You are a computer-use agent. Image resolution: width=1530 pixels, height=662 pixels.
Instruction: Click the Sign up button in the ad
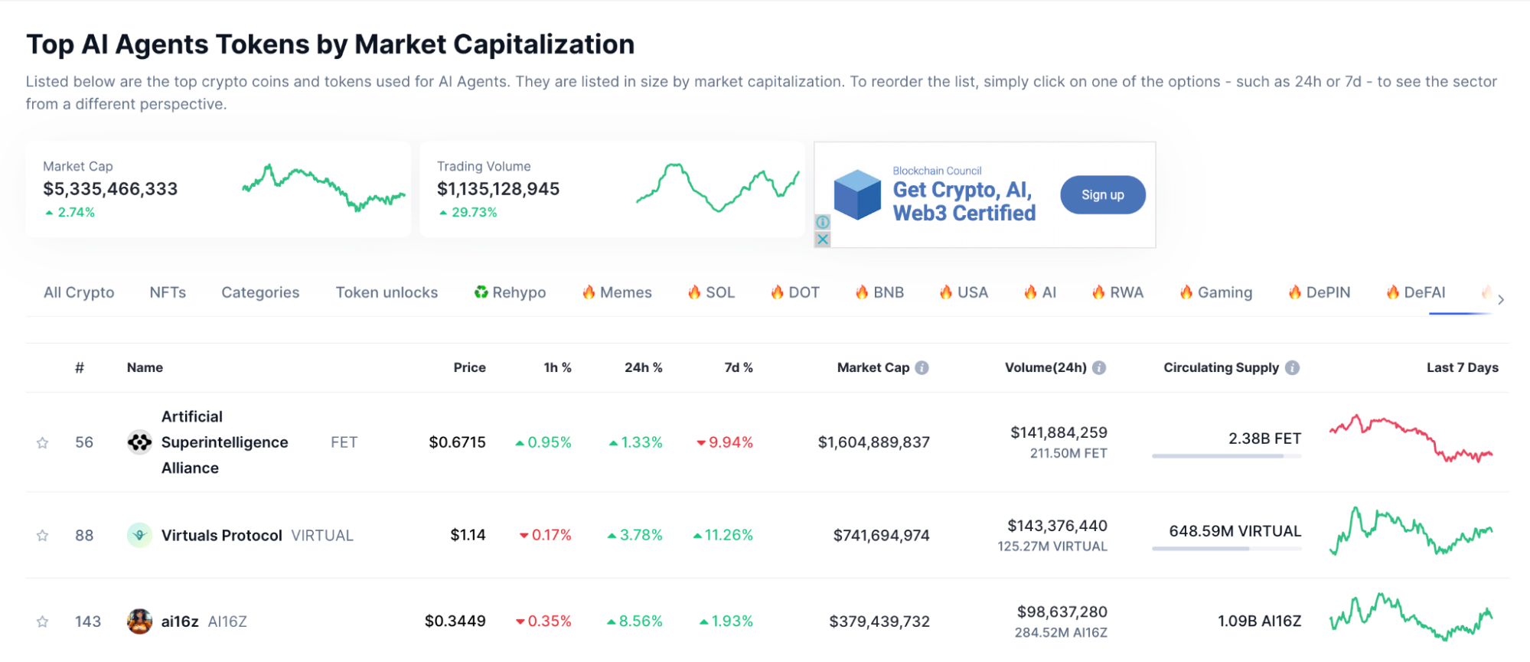[x=1102, y=195]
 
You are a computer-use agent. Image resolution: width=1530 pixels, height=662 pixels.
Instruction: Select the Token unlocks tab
[x=387, y=292]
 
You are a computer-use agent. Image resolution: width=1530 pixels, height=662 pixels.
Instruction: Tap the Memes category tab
[x=617, y=292]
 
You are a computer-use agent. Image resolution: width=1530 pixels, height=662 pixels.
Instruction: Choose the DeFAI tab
[x=1416, y=292]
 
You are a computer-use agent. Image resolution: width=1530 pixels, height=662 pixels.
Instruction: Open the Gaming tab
[x=1216, y=292]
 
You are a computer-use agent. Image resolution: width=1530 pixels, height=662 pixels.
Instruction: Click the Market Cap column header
[x=873, y=367]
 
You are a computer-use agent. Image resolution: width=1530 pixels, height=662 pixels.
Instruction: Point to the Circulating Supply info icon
[x=1292, y=367]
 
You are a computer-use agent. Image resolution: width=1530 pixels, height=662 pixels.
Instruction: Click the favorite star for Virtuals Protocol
[x=43, y=536]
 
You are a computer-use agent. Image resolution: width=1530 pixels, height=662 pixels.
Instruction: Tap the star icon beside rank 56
[x=43, y=443]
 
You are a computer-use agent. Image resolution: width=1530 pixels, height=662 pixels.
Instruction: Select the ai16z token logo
[x=139, y=621]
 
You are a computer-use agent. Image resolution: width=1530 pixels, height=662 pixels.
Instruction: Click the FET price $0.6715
[x=457, y=442]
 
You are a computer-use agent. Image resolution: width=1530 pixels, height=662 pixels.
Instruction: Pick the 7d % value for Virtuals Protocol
[x=723, y=535]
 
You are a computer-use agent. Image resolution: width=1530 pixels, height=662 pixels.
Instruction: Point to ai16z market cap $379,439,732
[x=879, y=621]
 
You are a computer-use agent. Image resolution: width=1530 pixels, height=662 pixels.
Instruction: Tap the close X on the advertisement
[x=823, y=240]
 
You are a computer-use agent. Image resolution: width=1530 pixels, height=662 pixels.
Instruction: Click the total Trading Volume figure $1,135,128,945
[x=498, y=189]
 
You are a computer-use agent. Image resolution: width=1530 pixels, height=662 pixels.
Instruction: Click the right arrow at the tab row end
[x=1501, y=299]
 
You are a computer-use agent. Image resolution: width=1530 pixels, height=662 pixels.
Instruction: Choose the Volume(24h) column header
[x=1046, y=367]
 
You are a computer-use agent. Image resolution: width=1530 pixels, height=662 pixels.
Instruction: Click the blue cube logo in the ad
[x=857, y=195]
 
